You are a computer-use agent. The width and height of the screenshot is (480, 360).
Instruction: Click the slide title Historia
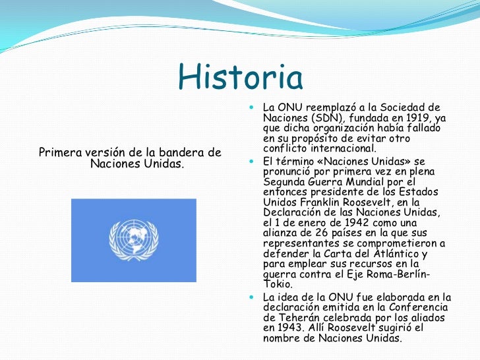pos(240,78)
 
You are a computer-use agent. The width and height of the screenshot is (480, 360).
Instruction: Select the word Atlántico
pos(394,255)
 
